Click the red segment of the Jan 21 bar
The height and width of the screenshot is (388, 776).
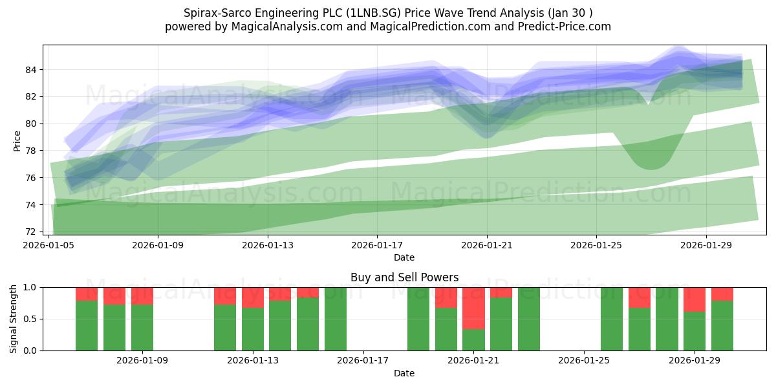coord(473,308)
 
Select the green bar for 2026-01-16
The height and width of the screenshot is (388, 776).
coord(336,319)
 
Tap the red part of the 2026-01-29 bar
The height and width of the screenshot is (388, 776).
coord(695,299)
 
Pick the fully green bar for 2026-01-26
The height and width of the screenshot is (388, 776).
coord(612,319)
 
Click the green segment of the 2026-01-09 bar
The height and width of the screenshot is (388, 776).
coord(142,327)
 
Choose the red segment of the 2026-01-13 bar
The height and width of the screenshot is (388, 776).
coord(253,297)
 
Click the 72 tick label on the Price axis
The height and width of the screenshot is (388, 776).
coord(30,232)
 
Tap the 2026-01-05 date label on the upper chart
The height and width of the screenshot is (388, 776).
coord(48,245)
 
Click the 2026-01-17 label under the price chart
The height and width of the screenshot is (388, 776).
coord(377,245)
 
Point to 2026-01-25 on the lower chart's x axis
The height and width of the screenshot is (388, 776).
coord(584,360)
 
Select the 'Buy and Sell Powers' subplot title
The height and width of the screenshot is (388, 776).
coord(404,277)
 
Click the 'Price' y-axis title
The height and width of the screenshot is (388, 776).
coord(17,141)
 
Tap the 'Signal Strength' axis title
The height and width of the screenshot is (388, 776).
coord(13,319)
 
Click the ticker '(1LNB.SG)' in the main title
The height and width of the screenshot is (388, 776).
coord(374,13)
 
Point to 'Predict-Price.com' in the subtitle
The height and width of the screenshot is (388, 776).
coord(565,27)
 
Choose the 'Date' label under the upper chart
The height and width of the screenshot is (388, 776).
coord(404,257)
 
